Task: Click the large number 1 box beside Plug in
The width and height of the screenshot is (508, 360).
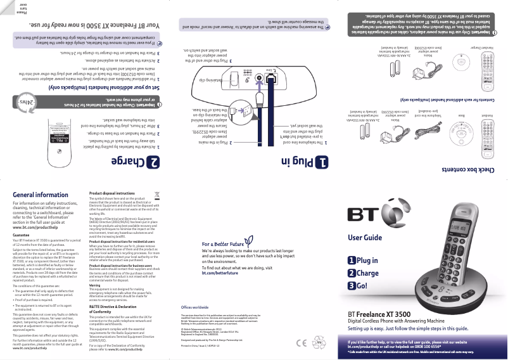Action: click(322, 163)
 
